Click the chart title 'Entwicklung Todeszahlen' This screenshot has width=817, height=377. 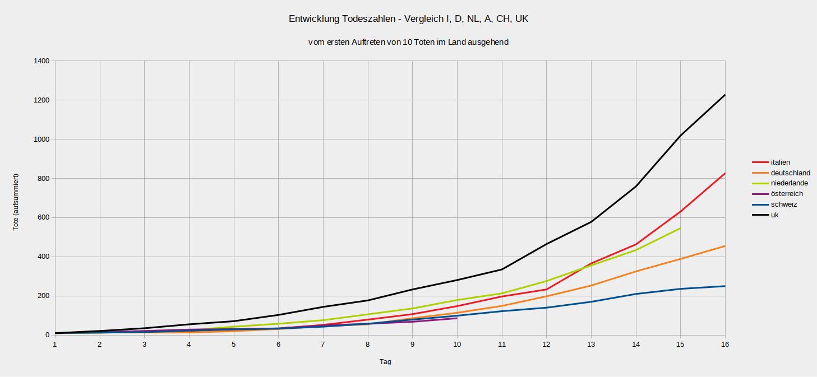pyautogui.click(x=408, y=19)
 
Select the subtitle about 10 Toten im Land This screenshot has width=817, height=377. pyautogui.click(x=408, y=42)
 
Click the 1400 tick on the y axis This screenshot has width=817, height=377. pyautogui.click(x=41, y=60)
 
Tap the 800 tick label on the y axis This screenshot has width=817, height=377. pyautogui.click(x=43, y=178)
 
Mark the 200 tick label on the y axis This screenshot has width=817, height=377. pyautogui.click(x=43, y=296)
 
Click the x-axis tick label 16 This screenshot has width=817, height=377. pyautogui.click(x=724, y=344)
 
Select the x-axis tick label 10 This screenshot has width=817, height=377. pyautogui.click(x=457, y=344)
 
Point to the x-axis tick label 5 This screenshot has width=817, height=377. pyautogui.click(x=234, y=344)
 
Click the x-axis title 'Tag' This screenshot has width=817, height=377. pyautogui.click(x=385, y=362)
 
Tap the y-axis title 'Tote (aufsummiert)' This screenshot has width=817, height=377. pyautogui.click(x=16, y=202)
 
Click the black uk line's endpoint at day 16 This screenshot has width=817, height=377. pyautogui.click(x=724, y=95)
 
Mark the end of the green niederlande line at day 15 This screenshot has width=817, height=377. pyautogui.click(x=680, y=228)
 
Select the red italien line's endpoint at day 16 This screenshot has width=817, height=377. pyautogui.click(x=724, y=174)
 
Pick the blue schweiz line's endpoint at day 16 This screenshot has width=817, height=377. pyautogui.click(x=724, y=286)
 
